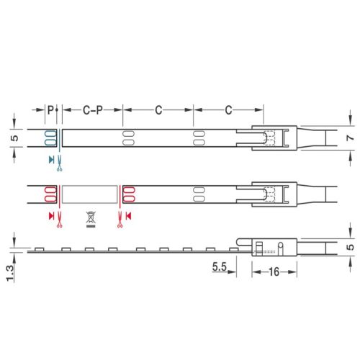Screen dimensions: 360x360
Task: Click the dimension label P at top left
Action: [x=50, y=110]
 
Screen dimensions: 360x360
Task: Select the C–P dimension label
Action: [x=93, y=110]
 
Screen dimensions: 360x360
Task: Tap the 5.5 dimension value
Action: [x=220, y=266]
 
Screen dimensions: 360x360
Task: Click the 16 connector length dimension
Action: [x=274, y=272]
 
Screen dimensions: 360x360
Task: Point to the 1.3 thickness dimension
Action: [x=10, y=273]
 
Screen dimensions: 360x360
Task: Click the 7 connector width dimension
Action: [x=351, y=138]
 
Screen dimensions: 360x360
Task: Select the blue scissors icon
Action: [x=59, y=163]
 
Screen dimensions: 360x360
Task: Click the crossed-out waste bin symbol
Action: [x=91, y=220]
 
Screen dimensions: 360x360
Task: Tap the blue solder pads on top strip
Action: [x=50, y=138]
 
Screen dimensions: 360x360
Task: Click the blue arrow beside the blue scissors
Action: [x=51, y=160]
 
